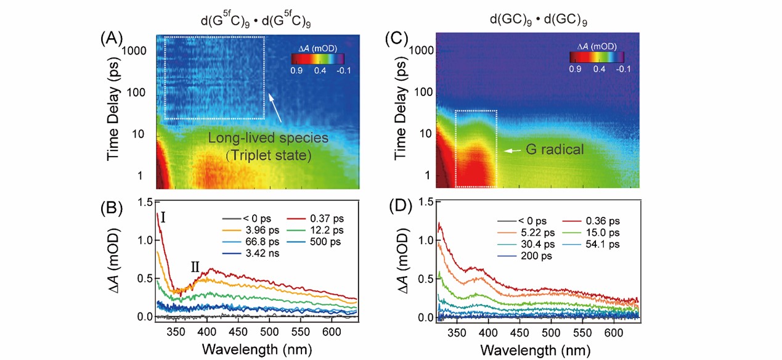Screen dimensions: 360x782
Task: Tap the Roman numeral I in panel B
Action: pos(164,217)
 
